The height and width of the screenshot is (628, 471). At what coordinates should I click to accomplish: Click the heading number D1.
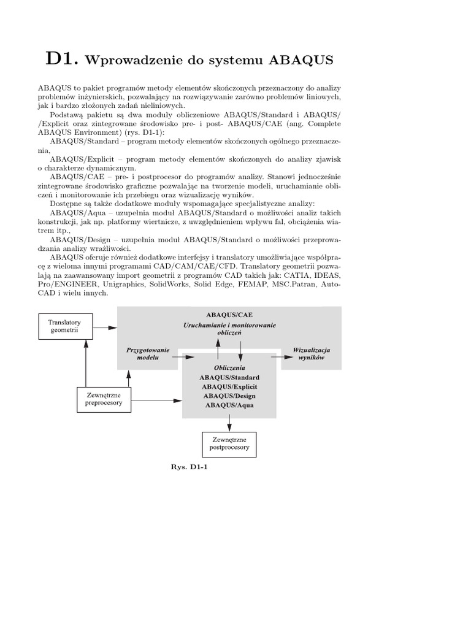point(62,59)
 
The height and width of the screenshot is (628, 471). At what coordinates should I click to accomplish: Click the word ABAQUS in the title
point(301,60)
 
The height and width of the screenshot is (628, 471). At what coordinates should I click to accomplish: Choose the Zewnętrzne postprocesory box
point(230,443)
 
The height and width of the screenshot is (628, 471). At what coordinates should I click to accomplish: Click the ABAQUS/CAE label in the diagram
point(230,314)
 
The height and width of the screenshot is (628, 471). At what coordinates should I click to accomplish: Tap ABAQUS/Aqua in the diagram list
point(229,405)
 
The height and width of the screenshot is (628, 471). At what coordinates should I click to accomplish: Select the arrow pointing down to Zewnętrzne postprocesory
point(230,423)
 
